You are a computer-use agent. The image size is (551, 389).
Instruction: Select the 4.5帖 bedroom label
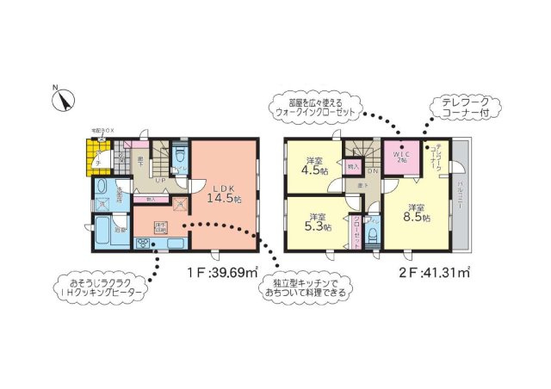pos(313,164)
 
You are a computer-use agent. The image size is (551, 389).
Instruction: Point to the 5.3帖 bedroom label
pos(316,222)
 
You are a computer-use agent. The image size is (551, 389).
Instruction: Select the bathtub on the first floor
pos(102,230)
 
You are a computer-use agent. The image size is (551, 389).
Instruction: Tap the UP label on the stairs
pos(160,181)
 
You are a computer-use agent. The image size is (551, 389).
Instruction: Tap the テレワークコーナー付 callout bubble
pos(464,107)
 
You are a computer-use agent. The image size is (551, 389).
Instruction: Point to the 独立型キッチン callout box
pos(306,288)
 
